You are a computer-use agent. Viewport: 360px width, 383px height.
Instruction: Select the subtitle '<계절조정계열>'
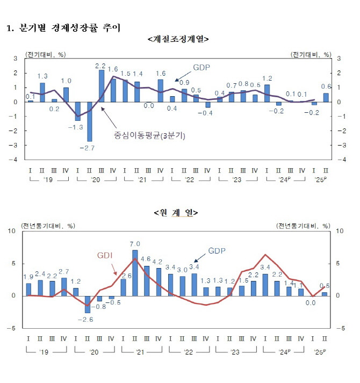pyautogui.click(x=177, y=39)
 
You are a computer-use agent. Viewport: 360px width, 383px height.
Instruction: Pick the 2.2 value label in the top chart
pyautogui.click(x=100, y=66)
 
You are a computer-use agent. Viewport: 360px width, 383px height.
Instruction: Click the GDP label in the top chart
pyautogui.click(x=203, y=67)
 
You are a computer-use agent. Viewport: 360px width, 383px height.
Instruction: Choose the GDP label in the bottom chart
pyautogui.click(x=217, y=250)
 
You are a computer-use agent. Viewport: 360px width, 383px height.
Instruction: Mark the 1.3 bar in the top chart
pyautogui.click(x=42, y=92)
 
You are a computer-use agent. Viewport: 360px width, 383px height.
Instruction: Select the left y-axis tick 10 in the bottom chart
pyautogui.click(x=12, y=231)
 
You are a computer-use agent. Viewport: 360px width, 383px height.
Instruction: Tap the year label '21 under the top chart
pyautogui.click(x=142, y=179)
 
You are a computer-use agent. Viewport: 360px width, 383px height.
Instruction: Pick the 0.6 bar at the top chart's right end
pyautogui.click(x=326, y=97)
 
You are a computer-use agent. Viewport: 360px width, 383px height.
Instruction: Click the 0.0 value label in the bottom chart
pyautogui.click(x=310, y=302)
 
